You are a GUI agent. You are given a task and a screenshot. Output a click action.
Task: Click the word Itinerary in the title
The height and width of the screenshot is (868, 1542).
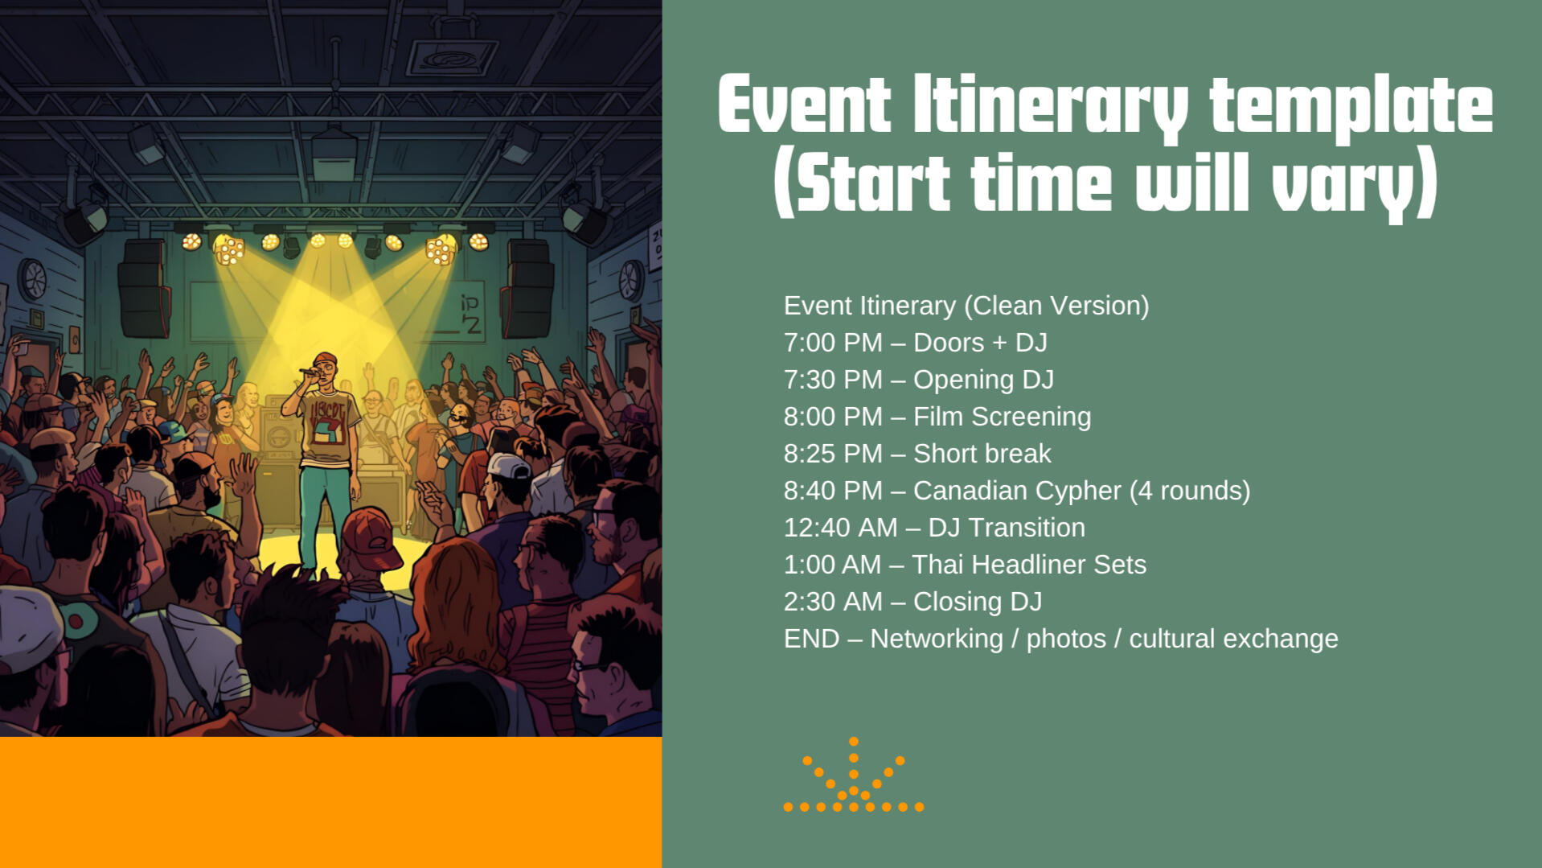tap(1050, 105)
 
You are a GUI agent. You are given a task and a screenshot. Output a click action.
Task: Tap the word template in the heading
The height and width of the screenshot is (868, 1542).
tap(1351, 105)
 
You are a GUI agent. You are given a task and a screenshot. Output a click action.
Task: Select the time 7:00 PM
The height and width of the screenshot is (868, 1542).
tap(833, 343)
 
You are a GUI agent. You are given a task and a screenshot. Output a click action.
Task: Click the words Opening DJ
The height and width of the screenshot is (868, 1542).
tap(983, 380)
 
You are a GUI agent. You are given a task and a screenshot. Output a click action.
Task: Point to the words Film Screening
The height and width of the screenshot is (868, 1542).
tap(1002, 417)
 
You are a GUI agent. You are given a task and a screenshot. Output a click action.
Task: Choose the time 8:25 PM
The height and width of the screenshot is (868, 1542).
tap(833, 454)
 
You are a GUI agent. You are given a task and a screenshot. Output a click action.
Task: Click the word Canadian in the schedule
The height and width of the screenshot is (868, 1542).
tap(960, 491)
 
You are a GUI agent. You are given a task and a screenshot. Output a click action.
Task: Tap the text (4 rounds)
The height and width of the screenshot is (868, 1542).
tap(1190, 491)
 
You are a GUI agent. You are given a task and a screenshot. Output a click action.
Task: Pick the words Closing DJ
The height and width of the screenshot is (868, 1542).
tap(977, 602)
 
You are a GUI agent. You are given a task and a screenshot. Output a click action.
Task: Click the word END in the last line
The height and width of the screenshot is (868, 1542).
tap(811, 639)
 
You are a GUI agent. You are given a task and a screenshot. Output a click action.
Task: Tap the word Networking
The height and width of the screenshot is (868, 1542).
tap(937, 639)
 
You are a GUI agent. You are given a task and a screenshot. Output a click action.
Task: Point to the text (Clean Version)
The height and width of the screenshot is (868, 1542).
tap(1056, 306)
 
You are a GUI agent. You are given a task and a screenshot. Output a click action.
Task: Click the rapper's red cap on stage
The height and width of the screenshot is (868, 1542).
tap(324, 359)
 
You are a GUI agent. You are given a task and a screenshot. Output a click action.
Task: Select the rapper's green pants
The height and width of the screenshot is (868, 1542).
tap(326, 515)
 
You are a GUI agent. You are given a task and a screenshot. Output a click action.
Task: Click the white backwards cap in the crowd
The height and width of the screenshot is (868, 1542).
tap(508, 466)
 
